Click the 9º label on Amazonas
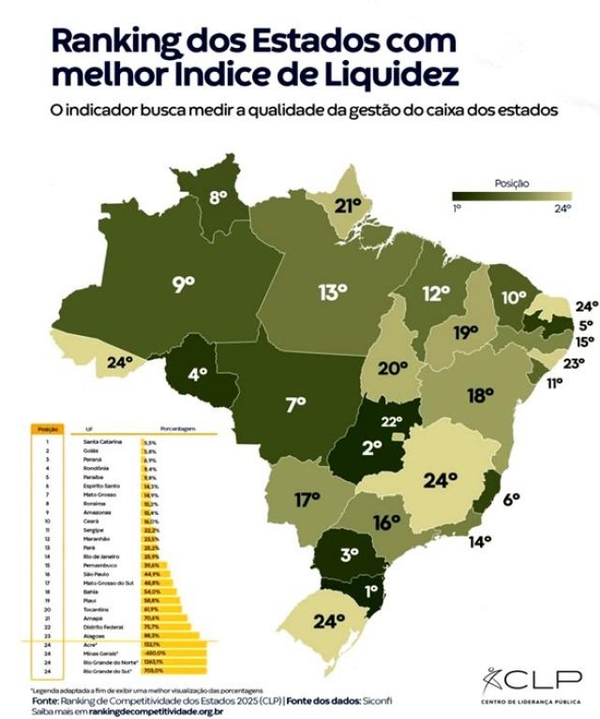[x=184, y=282]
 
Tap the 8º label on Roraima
[x=218, y=197]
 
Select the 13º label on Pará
[x=332, y=293]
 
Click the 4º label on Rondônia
[x=197, y=374]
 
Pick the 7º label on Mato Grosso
[x=296, y=404]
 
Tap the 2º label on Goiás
[x=371, y=448]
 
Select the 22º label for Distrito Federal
[x=391, y=422]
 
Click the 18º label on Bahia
[x=480, y=395]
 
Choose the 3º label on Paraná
[x=350, y=553]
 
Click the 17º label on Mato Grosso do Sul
[x=307, y=500]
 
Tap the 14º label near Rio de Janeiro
[x=480, y=541]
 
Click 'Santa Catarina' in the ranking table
[x=102, y=440]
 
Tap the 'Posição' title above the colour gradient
[x=512, y=184]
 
